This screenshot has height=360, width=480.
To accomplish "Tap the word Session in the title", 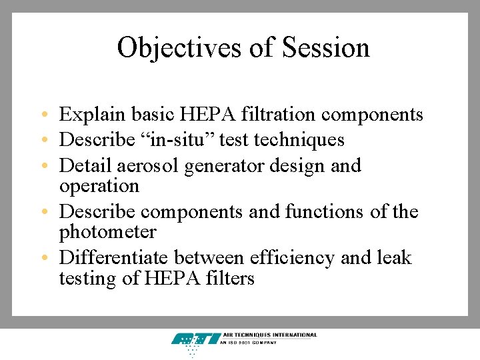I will pos(326,48).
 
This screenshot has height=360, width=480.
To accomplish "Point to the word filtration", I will pos(281,115).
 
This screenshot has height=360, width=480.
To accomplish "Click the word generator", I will pos(223,165).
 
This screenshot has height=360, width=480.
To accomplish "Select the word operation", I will pos(99,185).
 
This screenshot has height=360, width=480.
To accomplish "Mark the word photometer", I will pos(107,232).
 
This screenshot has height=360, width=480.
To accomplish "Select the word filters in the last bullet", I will pos(232,278).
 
